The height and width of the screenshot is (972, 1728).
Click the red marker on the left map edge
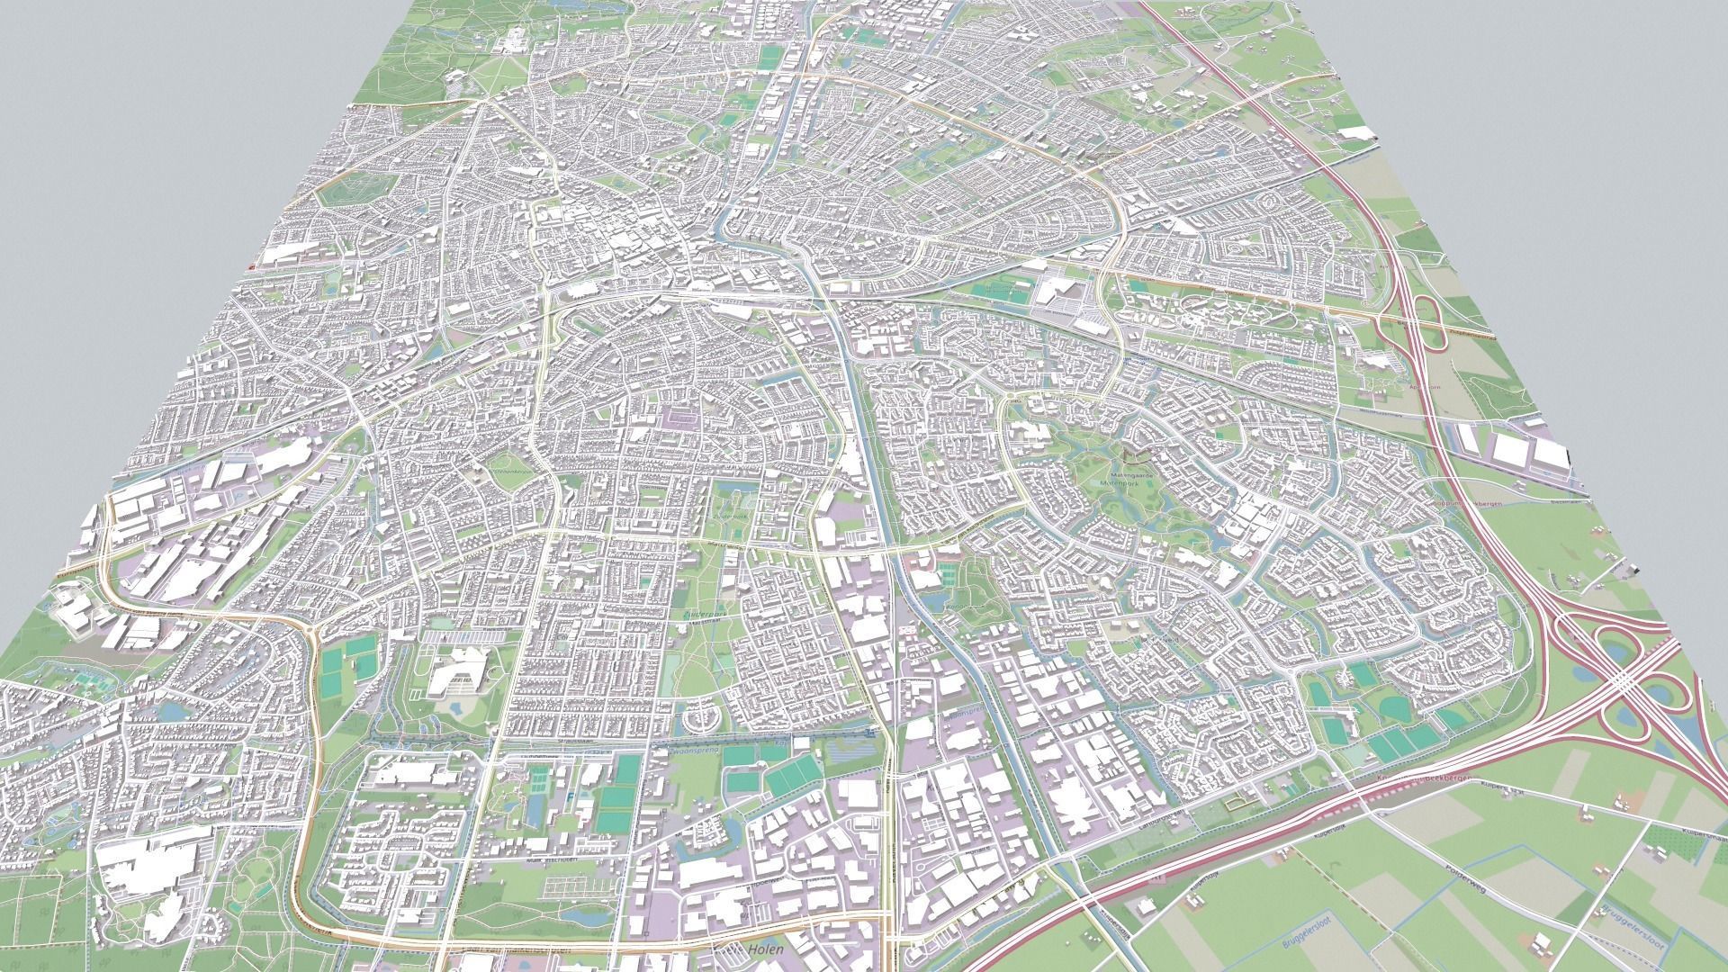click(252, 266)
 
